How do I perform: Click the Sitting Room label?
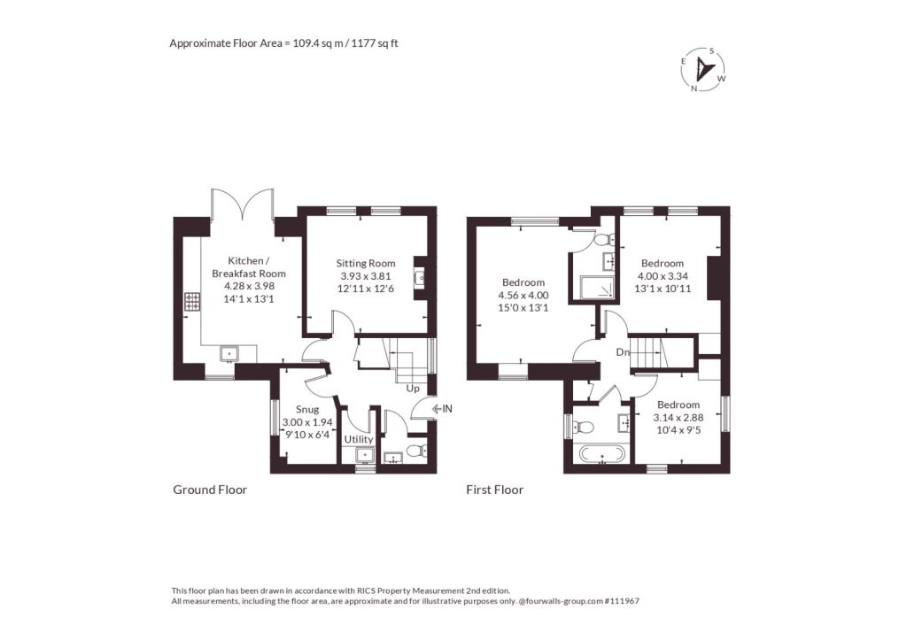click(x=366, y=264)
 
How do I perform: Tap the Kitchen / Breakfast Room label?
click(x=249, y=267)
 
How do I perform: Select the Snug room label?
click(x=307, y=409)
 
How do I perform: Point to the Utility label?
click(x=359, y=439)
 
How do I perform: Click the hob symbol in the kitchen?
click(x=192, y=301)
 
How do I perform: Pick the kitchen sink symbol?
click(x=229, y=352)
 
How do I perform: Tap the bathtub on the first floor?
click(x=602, y=454)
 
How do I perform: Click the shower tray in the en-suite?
click(x=597, y=288)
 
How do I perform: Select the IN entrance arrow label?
click(x=443, y=409)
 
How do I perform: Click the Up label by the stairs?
click(x=413, y=389)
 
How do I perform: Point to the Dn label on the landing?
click(x=623, y=352)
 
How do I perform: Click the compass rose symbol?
click(x=702, y=69)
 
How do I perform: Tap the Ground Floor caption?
click(x=210, y=490)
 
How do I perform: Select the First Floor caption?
click(x=494, y=490)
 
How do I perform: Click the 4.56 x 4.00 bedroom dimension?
click(x=523, y=295)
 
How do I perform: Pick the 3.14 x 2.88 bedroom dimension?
click(x=678, y=418)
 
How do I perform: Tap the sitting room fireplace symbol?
click(x=419, y=279)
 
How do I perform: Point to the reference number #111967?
click(x=621, y=601)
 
